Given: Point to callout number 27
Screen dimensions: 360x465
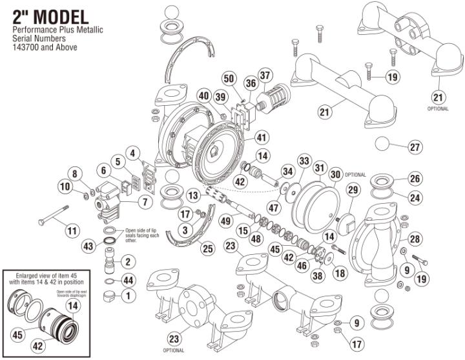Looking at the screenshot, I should tap(413, 146).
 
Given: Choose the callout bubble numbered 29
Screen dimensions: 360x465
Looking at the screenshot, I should tap(353, 190).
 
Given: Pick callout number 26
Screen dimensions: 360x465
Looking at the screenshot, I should tap(416, 178).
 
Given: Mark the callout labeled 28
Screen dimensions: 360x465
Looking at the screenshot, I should tap(414, 238).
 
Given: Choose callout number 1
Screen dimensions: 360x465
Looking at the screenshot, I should tap(127, 296).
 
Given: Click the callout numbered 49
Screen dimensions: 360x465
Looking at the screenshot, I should tap(225, 220).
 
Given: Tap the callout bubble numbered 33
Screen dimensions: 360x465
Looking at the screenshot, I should tap(304, 160).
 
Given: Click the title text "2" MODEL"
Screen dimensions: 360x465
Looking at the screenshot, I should tap(46, 16).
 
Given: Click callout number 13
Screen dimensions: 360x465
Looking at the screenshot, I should tap(193, 195).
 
